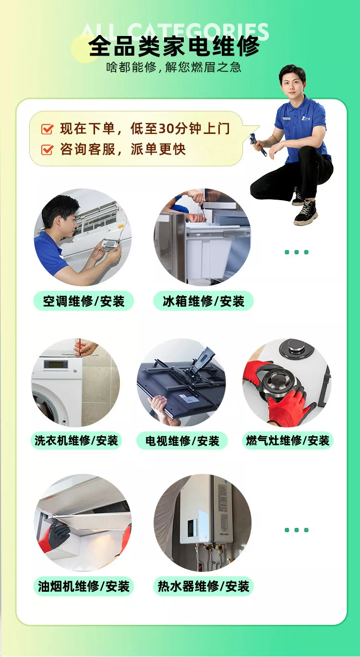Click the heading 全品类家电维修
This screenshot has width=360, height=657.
(x=174, y=46)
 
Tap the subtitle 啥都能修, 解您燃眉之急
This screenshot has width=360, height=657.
(x=174, y=68)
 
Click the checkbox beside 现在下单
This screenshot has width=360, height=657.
(x=47, y=129)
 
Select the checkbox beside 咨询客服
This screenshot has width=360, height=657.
(x=47, y=149)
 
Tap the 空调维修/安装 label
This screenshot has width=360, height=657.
(x=84, y=301)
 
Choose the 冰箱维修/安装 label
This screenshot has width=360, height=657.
(x=204, y=301)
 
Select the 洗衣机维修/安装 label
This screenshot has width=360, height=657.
(x=76, y=440)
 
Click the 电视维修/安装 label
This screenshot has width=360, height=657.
(x=182, y=440)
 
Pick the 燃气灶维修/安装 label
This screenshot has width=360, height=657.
(x=288, y=440)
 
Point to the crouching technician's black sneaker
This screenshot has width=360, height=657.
(x=306, y=212)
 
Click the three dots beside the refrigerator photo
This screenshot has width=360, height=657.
(x=296, y=252)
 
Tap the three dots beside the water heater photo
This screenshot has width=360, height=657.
(x=296, y=530)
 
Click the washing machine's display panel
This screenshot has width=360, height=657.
(x=56, y=365)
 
